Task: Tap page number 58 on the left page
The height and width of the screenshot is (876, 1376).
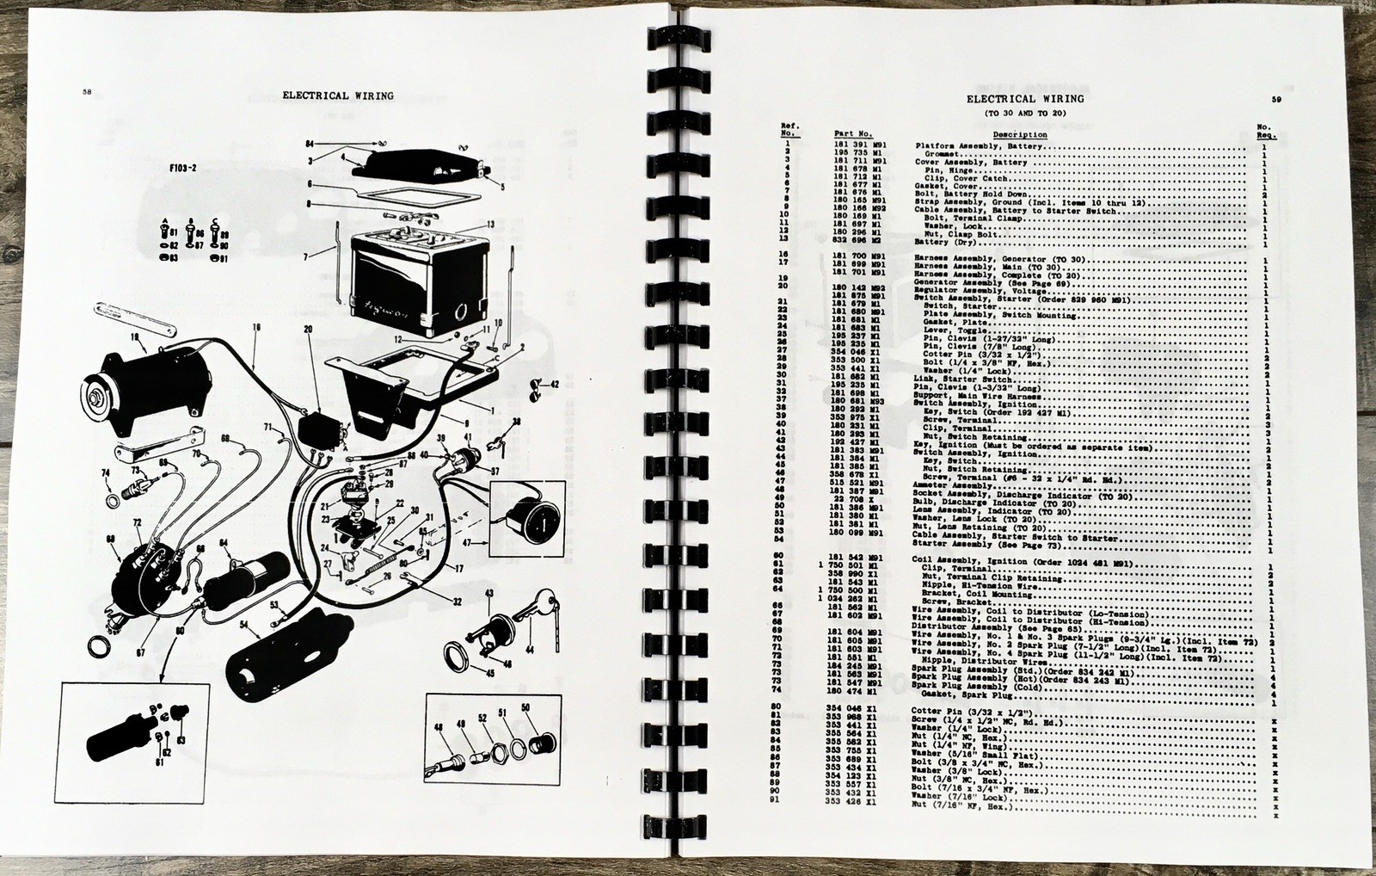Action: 87,92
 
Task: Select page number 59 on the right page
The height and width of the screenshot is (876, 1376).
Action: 1277,100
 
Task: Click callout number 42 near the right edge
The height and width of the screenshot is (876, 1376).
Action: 555,384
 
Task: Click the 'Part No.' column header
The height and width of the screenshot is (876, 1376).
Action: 853,133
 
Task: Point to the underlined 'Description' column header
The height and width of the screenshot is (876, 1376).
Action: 1020,134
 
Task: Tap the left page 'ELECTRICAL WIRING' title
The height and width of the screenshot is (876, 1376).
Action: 338,96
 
